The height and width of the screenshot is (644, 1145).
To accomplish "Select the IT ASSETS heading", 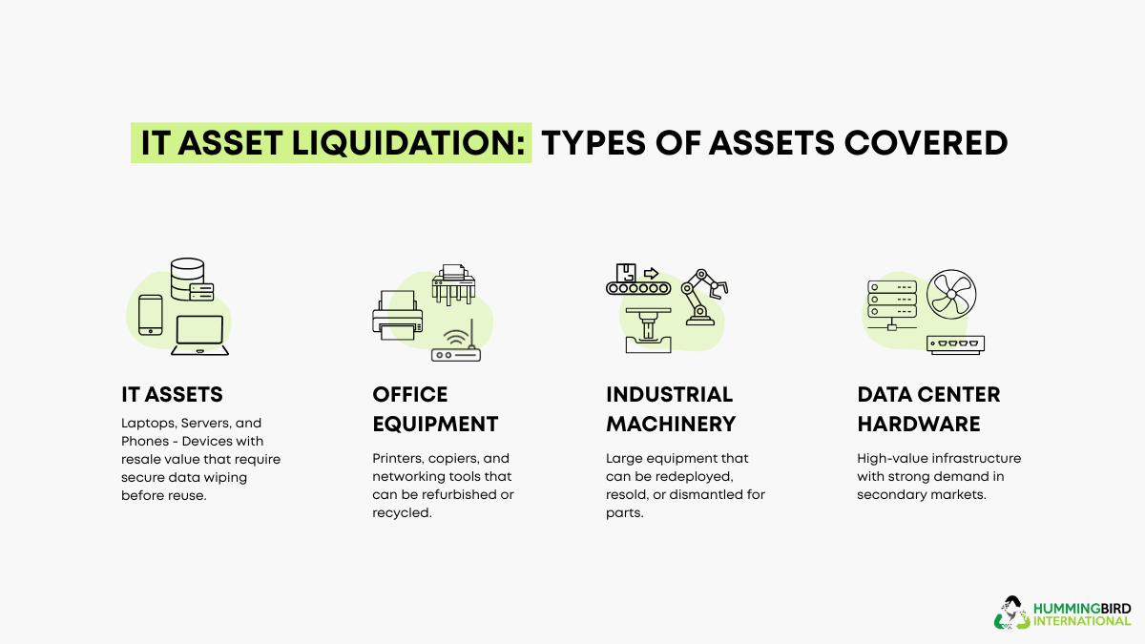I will (172, 395).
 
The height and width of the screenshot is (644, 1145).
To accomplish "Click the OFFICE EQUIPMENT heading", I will (435, 409).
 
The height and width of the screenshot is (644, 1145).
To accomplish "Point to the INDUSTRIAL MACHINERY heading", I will (671, 409).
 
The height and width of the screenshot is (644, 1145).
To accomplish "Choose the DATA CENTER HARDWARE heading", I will (928, 409).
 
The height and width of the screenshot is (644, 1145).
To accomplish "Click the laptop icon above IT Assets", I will (199, 335).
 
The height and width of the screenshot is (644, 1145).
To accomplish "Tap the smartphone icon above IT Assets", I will (151, 314).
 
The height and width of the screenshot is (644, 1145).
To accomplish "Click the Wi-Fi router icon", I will (457, 344).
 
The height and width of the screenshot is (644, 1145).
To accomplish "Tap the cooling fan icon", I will (950, 295).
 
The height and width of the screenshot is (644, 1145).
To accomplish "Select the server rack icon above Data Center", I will (891, 301).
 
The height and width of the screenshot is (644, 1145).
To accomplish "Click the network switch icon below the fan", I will (955, 344).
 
